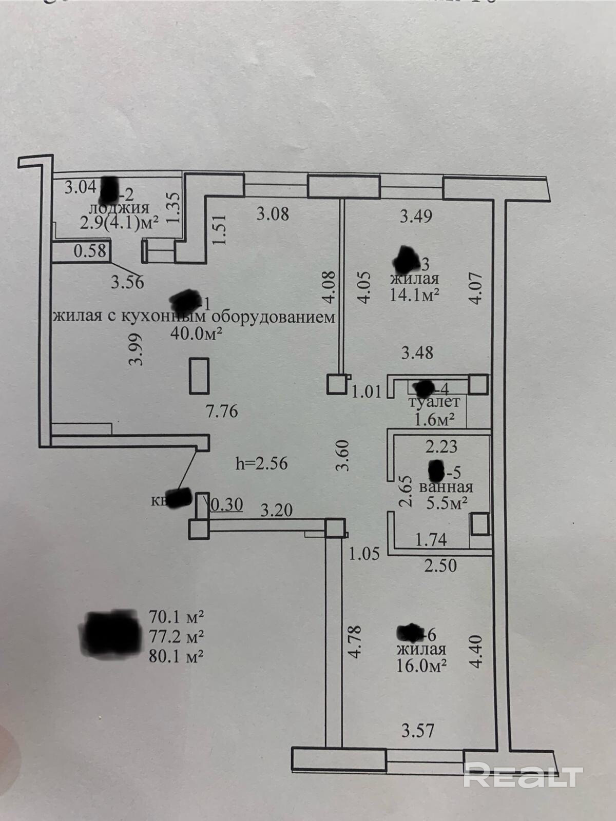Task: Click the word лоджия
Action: tap(119, 208)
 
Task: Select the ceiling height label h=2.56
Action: tap(261, 463)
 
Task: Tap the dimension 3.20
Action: tap(277, 510)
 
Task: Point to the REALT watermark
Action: tap(523, 774)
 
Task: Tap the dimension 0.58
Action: tap(90, 251)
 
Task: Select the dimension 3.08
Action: tap(273, 213)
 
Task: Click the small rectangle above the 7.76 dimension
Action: tap(199, 376)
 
